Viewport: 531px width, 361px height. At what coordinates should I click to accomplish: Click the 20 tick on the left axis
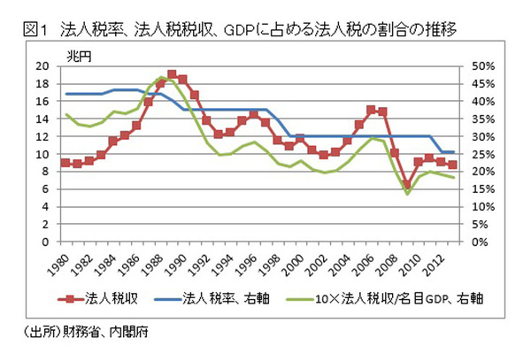(x=42, y=67)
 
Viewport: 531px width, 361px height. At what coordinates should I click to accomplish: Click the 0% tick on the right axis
(x=473, y=242)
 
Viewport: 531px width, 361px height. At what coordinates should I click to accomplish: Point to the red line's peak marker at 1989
(x=172, y=75)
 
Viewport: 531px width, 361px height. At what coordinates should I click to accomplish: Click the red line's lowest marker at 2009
(x=407, y=185)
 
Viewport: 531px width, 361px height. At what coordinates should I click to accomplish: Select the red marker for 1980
(x=65, y=163)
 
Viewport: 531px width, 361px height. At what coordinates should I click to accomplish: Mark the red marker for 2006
(x=372, y=110)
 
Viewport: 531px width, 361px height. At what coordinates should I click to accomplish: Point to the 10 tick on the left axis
(x=42, y=154)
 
